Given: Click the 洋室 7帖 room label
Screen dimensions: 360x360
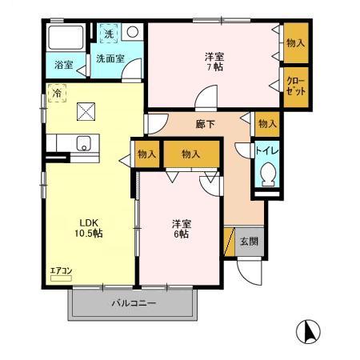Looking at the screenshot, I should (214, 62).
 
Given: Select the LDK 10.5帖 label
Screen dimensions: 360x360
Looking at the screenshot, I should (89, 227).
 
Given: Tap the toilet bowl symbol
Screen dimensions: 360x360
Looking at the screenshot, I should (268, 174).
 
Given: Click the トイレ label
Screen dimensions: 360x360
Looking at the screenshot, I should (267, 149).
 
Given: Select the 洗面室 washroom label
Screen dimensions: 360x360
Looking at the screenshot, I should (110, 58).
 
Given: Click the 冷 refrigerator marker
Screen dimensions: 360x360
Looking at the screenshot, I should (57, 93).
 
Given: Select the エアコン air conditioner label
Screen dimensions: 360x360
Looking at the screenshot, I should (61, 271).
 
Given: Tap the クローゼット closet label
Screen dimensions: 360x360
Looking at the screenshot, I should (296, 86).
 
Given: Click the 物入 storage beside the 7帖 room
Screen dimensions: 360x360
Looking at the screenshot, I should (295, 42).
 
